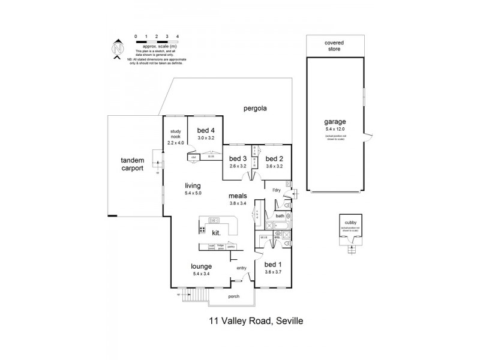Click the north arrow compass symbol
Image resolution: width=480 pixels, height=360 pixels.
(118, 49)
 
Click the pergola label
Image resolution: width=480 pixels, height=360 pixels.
(254, 109)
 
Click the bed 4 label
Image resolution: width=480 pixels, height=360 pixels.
(206, 131)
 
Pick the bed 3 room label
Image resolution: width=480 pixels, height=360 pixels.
(238, 159)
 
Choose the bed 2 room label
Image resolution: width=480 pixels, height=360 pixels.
(274, 159)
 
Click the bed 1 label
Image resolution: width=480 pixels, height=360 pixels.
(272, 265)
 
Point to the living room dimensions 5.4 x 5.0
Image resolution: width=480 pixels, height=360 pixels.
(193, 193)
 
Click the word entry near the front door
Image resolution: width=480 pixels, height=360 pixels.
(241, 268)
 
